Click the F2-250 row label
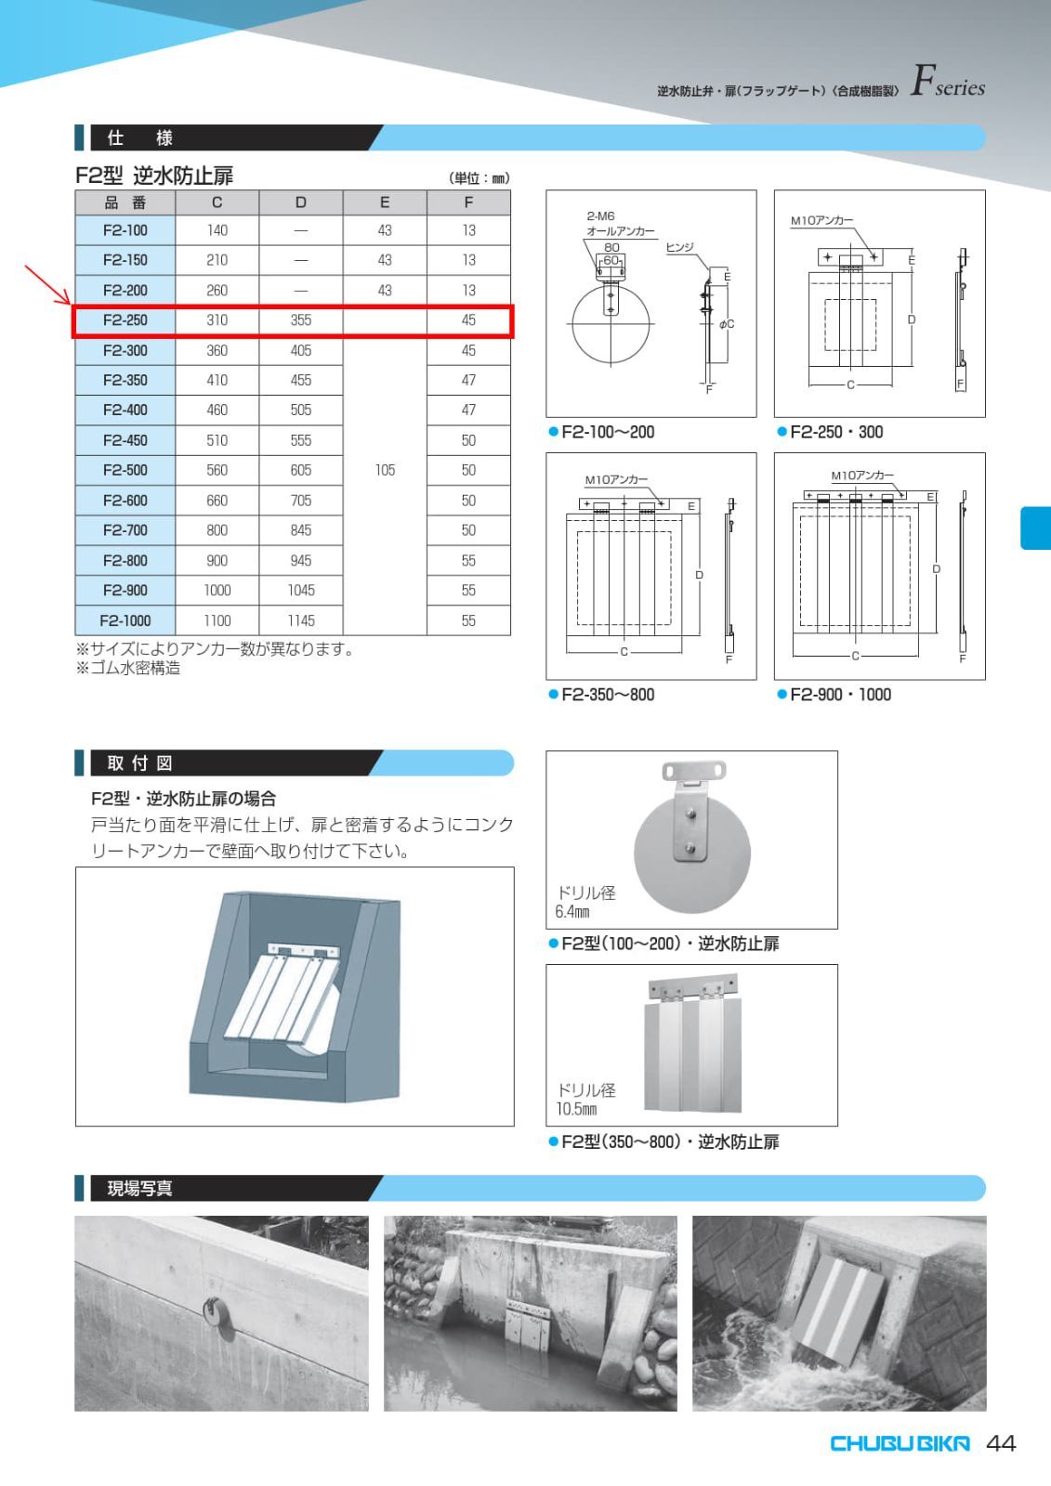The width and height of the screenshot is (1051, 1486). (125, 320)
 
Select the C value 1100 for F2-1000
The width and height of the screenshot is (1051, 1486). (217, 620)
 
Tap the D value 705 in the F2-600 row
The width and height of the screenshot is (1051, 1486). (300, 501)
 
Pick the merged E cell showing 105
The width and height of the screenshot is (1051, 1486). (385, 470)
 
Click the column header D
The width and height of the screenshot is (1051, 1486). (300, 202)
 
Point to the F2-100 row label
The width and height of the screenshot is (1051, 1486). (125, 230)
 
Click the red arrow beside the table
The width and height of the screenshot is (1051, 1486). (46, 284)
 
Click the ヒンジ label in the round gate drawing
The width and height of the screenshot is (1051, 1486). (679, 247)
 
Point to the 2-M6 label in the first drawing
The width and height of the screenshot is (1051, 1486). (600, 216)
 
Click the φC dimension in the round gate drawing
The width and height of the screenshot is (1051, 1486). (726, 324)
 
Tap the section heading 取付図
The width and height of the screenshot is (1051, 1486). (139, 763)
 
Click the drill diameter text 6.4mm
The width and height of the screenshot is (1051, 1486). (572, 912)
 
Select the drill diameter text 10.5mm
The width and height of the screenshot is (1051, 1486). (576, 1109)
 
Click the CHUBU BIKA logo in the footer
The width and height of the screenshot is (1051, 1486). (899, 1443)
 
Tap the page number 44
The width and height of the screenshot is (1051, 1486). (1001, 1443)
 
